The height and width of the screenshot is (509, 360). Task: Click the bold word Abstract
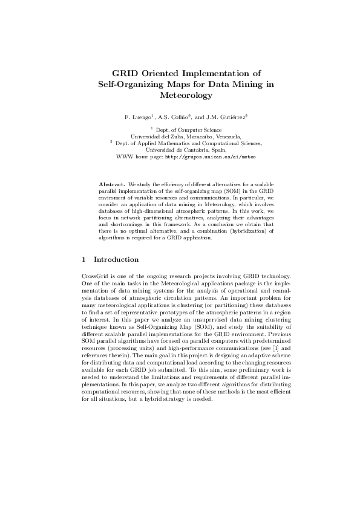click(x=111, y=183)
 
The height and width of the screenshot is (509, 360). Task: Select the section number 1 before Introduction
click(x=84, y=260)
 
